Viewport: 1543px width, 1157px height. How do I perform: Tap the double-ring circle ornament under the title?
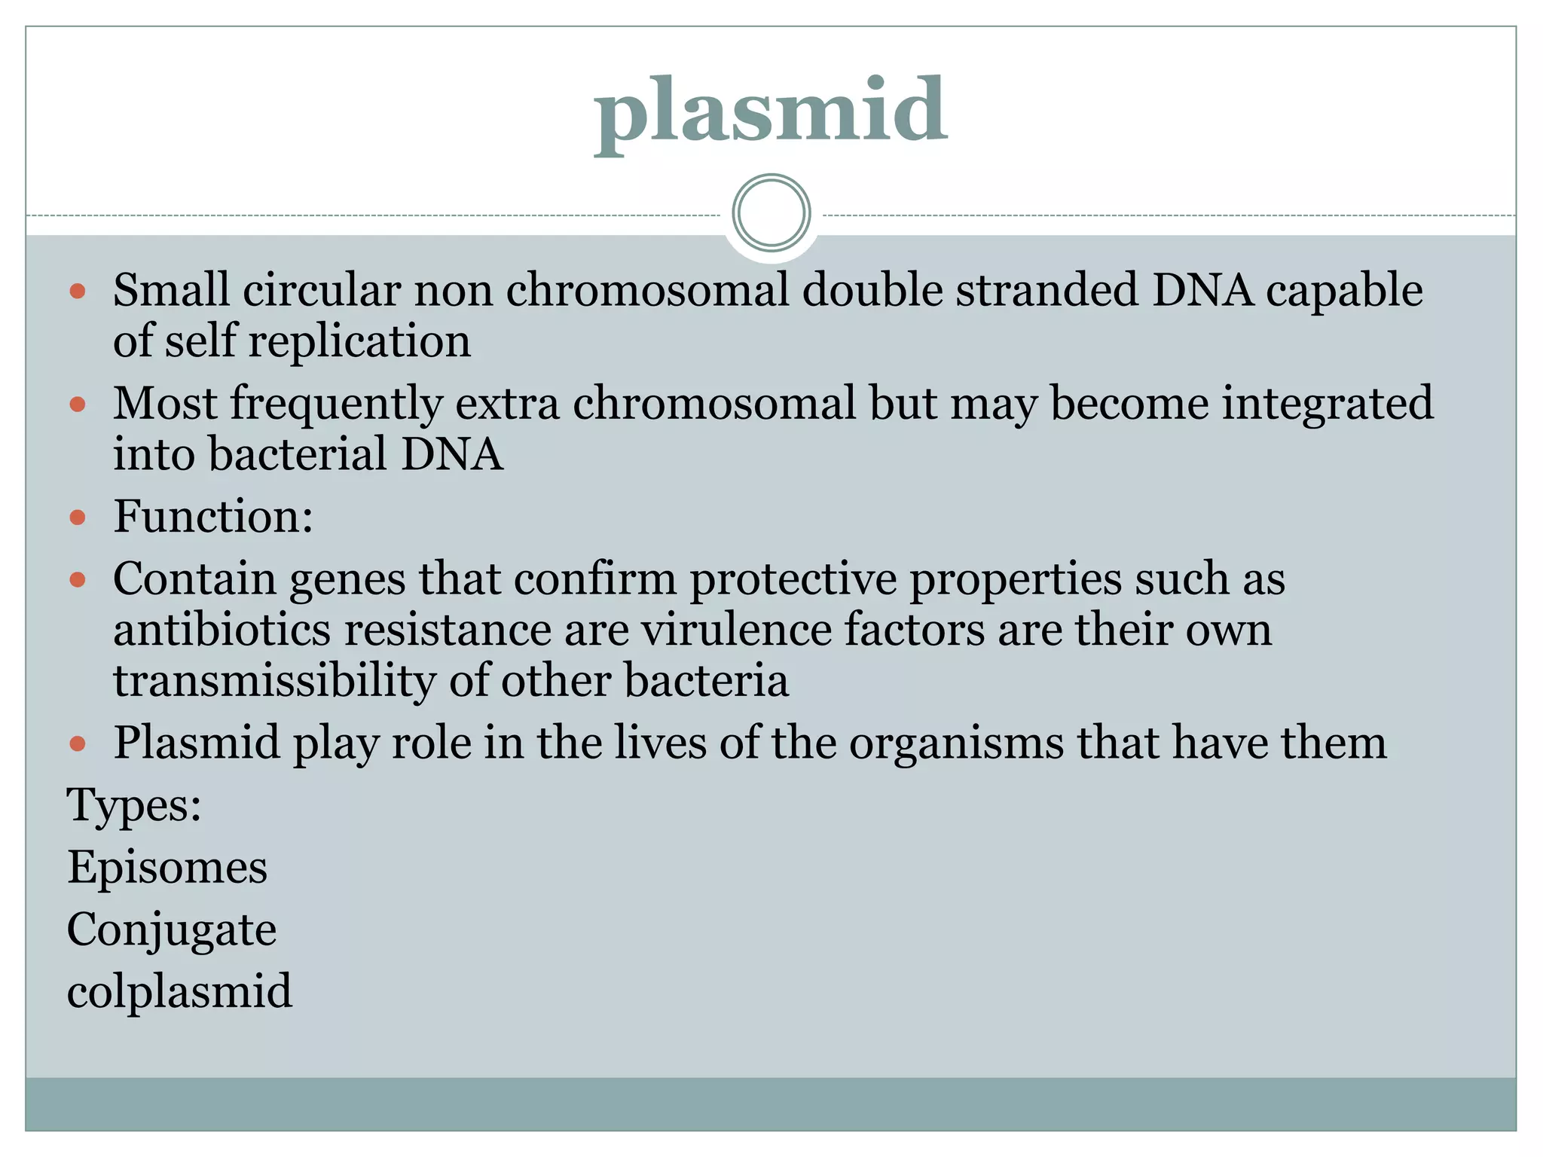[771, 212]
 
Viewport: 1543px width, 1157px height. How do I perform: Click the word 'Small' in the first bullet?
[171, 290]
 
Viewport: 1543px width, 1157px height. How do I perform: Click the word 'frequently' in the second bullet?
[336, 404]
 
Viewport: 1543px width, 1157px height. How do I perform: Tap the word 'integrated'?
[1327, 404]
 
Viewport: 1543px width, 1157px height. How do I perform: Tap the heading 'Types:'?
[134, 805]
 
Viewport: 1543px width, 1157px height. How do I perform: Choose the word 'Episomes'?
[167, 867]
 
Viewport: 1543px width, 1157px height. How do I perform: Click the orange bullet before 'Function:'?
[78, 517]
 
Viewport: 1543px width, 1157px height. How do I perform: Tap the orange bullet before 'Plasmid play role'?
[78, 744]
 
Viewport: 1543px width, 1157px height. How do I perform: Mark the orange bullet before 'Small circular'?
[78, 292]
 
